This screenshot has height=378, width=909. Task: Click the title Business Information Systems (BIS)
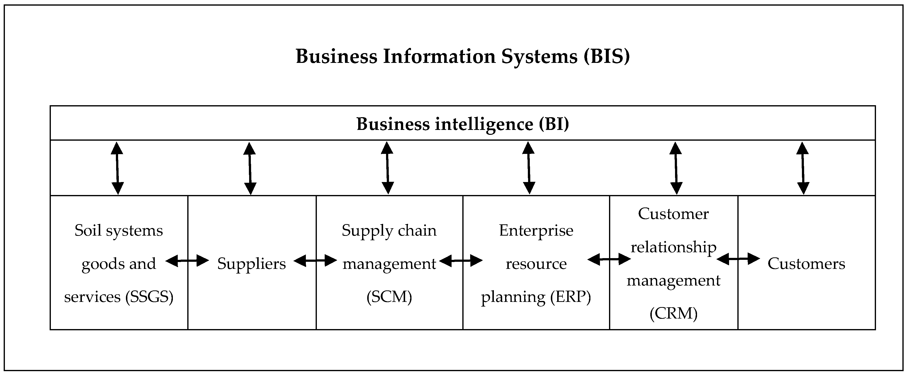coord(463,57)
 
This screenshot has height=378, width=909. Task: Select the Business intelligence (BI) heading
coord(463,124)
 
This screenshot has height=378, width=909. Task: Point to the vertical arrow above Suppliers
coord(250,168)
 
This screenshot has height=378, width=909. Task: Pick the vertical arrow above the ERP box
coord(529,168)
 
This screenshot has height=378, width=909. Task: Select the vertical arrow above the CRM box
coord(676,168)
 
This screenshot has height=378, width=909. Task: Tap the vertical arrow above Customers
coord(803,168)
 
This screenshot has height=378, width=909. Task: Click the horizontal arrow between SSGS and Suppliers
coord(187,261)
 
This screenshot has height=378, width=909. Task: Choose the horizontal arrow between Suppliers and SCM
coord(315,261)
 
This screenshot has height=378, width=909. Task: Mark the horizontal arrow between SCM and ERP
coord(461,261)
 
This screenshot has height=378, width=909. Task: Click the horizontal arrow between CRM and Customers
coord(738,259)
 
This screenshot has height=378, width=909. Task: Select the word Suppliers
coord(252,263)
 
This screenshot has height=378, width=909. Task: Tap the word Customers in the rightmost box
coord(806,263)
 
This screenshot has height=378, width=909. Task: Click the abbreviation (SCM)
coord(389,297)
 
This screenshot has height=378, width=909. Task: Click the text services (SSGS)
coord(119,297)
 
